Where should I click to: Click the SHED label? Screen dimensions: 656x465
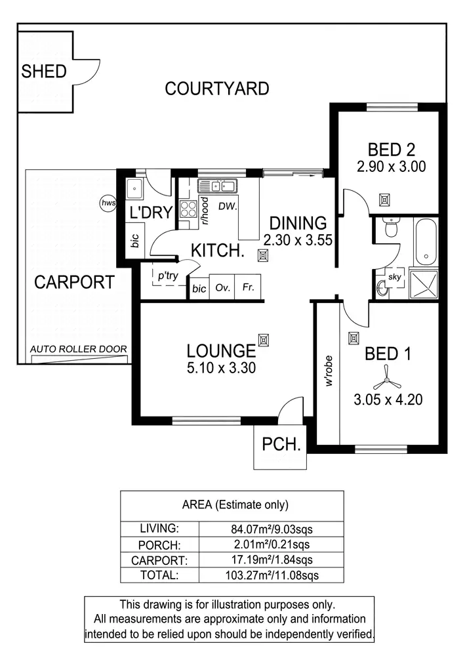point(44,71)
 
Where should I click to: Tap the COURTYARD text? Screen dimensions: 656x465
point(216,89)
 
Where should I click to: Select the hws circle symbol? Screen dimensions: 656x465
point(108,203)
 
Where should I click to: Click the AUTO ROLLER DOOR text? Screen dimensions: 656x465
point(79,350)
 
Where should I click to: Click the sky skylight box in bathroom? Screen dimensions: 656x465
point(394,277)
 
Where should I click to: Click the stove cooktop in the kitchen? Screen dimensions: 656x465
point(188,209)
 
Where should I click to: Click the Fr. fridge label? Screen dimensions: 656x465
point(249,288)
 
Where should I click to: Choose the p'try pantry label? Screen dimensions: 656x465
point(168,276)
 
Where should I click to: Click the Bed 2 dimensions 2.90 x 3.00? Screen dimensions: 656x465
point(391,167)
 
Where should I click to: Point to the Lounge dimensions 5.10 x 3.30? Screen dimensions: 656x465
point(220,368)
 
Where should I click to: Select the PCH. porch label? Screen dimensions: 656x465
point(281,444)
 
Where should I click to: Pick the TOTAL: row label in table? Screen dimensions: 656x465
point(159,575)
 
